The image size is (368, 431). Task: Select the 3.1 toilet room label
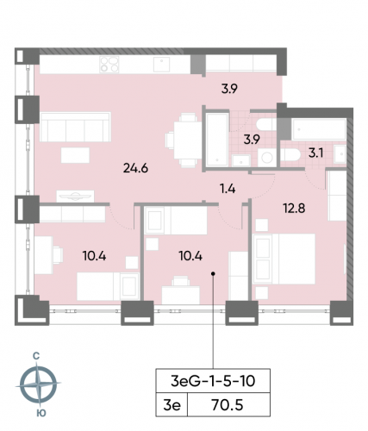(316, 153)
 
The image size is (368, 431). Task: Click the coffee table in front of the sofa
(74, 154)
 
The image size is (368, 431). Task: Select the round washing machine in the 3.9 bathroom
(266, 156)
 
